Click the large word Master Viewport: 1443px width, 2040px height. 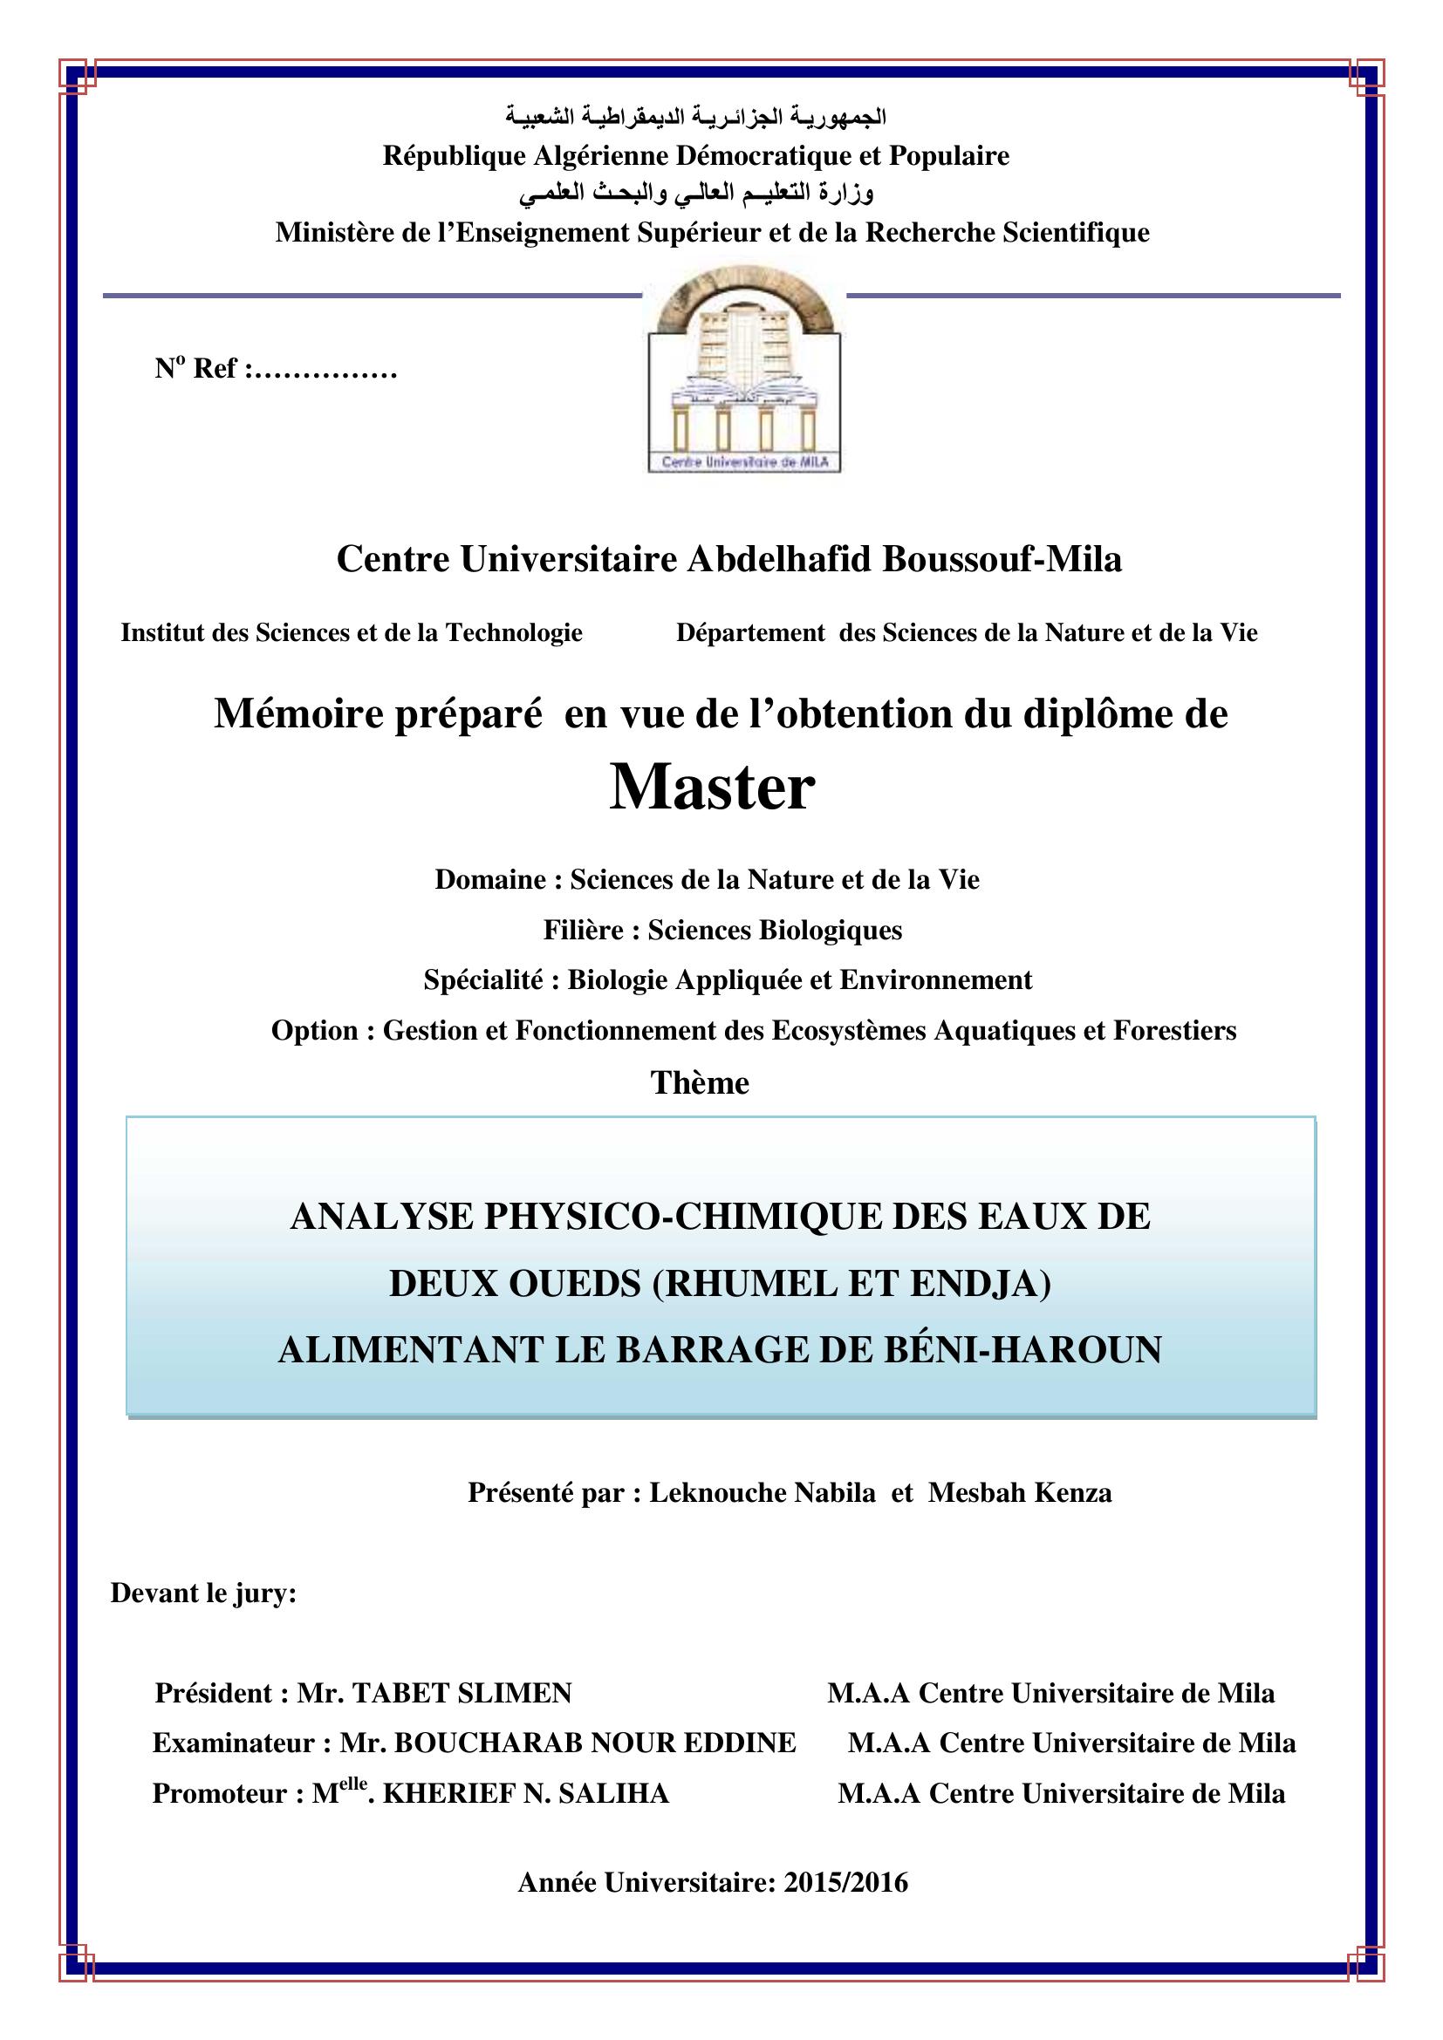(x=712, y=789)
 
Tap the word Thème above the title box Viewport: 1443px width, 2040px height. (x=701, y=1083)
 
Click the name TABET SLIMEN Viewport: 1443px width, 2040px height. (x=462, y=1694)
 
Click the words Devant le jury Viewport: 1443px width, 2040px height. (x=202, y=1593)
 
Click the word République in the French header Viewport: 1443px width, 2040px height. (x=453, y=156)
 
